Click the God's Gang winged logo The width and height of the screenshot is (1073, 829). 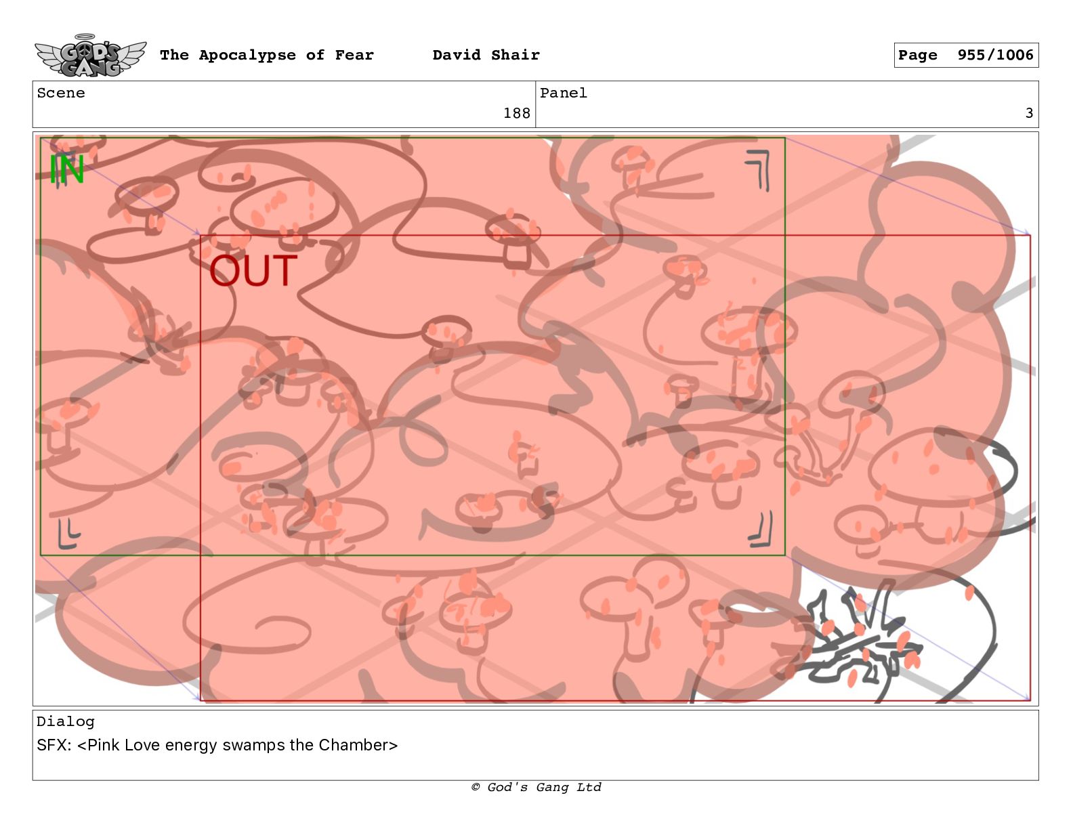point(90,56)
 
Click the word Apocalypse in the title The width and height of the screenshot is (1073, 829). point(247,56)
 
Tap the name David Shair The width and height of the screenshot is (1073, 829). point(486,55)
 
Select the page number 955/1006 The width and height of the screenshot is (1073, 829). point(995,55)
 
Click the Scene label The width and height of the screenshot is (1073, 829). point(61,93)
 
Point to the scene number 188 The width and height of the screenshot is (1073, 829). point(516,113)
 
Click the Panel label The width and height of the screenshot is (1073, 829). point(564,93)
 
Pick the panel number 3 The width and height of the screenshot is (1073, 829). point(1029,113)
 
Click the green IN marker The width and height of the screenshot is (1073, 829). point(66,169)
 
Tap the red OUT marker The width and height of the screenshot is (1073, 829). point(253,270)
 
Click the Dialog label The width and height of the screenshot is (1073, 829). point(66,722)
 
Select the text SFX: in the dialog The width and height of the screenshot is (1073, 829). point(54,744)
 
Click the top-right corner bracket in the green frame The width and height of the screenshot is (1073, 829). point(759,170)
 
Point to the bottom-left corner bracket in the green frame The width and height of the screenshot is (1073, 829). point(68,533)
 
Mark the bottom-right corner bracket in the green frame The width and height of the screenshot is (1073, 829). point(761,529)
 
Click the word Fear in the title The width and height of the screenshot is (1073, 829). point(354,55)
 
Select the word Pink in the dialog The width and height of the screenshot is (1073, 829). point(103,744)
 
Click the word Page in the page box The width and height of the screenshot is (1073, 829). point(917,56)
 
